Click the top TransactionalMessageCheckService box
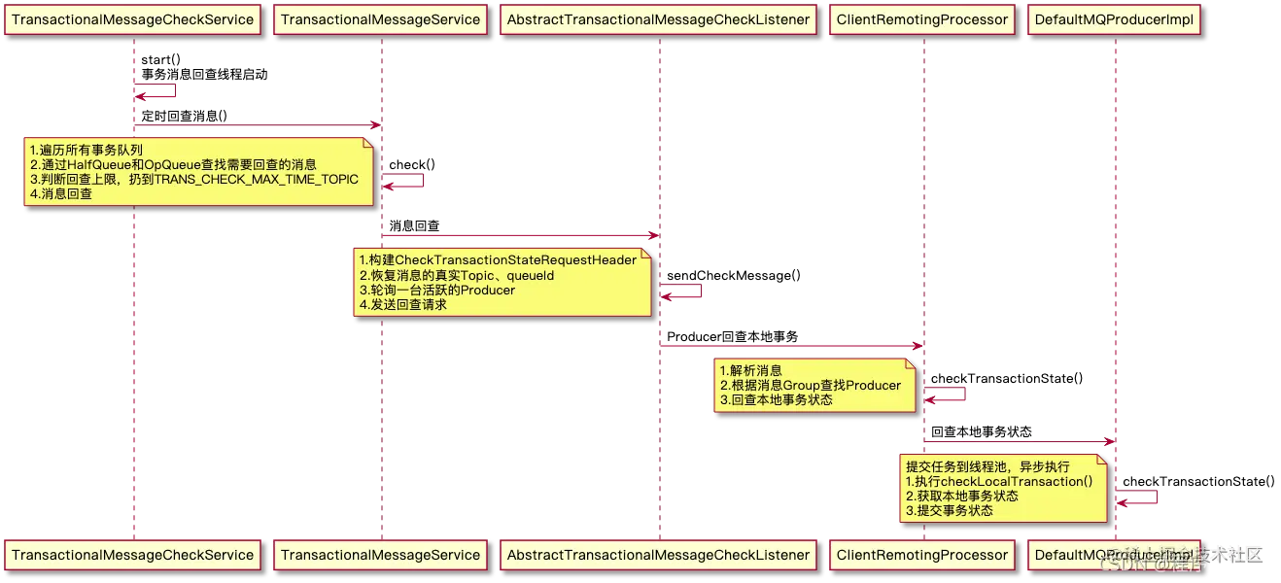tap(132, 19)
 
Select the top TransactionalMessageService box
tap(380, 19)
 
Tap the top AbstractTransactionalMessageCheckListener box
tap(658, 19)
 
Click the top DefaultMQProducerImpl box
tap(1114, 19)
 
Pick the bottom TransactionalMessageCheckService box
tap(132, 555)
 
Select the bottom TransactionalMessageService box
tap(380, 555)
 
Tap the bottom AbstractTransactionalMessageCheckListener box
tap(658, 555)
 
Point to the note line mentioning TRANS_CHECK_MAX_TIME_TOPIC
tap(194, 180)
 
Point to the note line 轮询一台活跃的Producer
tap(436, 290)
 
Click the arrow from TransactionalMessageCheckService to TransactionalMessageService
tap(257, 125)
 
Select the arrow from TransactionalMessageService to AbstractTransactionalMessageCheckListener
tap(520, 235)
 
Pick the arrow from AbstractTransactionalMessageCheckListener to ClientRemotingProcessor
tap(789, 345)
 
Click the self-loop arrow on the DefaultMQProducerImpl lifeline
tap(1138, 497)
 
